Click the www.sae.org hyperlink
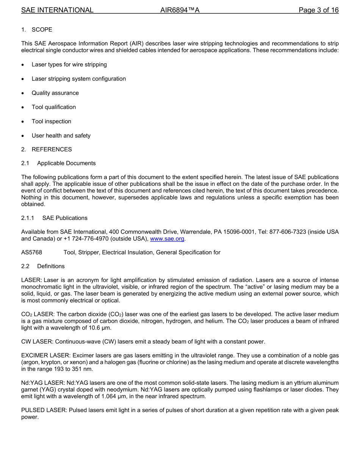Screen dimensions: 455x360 click(167, 239)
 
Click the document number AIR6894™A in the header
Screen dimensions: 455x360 click(180, 10)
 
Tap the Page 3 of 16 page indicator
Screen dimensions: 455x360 click(318, 10)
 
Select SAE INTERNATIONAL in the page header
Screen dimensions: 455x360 click(57, 10)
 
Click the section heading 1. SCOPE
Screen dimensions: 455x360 click(37, 30)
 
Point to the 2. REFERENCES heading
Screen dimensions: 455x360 click(47, 149)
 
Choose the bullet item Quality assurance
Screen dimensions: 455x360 click(55, 93)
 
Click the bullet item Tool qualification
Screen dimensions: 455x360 click(54, 107)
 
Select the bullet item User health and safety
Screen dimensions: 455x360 click(61, 136)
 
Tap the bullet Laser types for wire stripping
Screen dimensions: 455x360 click(69, 64)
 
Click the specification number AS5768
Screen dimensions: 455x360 click(32, 253)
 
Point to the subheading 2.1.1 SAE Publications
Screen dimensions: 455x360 click(54, 218)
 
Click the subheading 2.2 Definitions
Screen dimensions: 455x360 click(43, 266)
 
